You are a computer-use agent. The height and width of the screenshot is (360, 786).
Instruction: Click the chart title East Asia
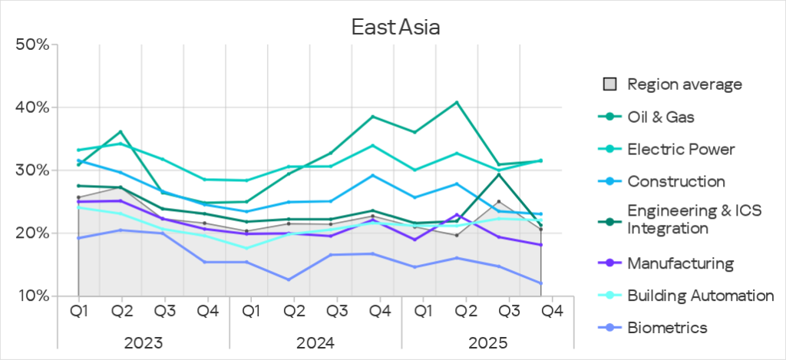[x=395, y=27]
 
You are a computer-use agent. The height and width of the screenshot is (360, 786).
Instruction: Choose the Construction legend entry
[x=675, y=181]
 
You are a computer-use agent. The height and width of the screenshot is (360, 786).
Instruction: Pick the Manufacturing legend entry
[x=680, y=263]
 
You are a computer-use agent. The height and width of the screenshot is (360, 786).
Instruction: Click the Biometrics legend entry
[x=667, y=328]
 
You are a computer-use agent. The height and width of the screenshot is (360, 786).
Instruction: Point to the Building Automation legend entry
[x=700, y=296]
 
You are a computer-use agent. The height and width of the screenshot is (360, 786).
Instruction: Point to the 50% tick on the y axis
[x=32, y=45]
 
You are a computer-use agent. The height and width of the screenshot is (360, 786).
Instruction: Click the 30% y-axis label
[x=32, y=170]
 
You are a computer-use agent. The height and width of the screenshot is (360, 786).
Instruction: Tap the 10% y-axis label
[x=32, y=296]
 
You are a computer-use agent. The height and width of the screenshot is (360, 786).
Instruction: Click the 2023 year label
[x=143, y=341]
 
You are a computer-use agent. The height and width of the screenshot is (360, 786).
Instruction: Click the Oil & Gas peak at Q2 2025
[x=457, y=102]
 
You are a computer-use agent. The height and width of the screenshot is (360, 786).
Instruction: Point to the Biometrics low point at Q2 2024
[x=289, y=279]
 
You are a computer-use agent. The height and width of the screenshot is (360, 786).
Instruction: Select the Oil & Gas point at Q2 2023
[x=121, y=132]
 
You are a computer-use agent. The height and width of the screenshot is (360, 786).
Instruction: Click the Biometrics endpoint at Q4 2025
[x=542, y=283]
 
